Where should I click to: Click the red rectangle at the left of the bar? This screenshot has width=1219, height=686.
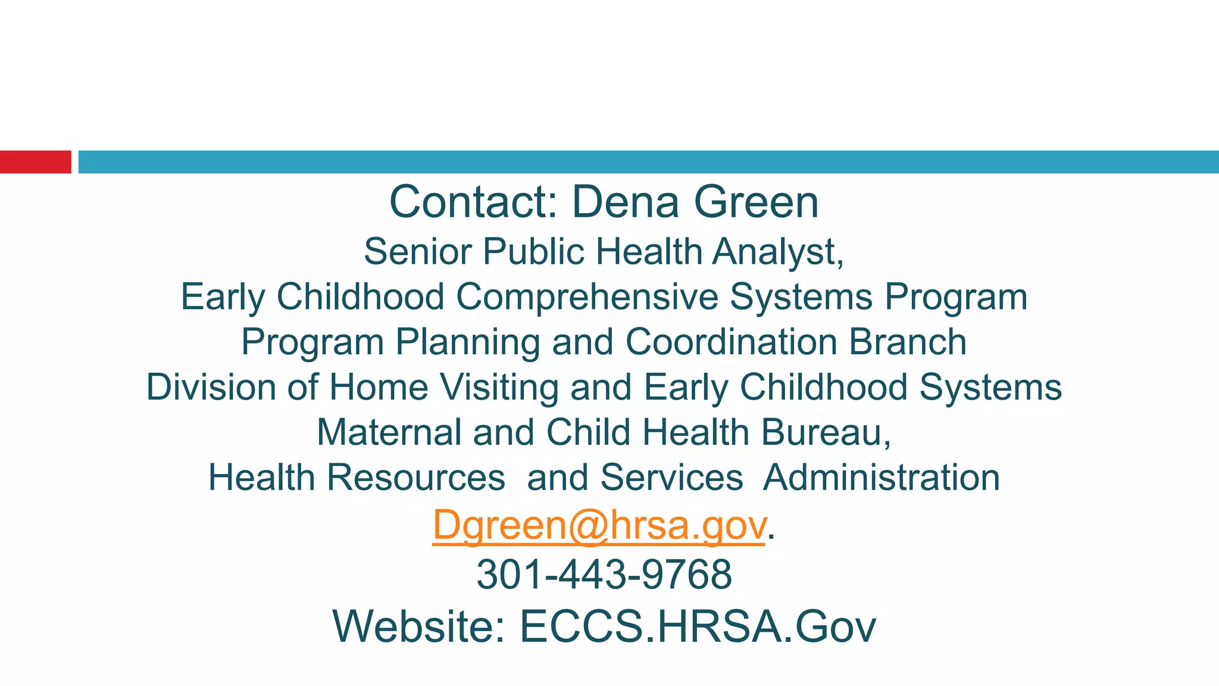tap(35, 162)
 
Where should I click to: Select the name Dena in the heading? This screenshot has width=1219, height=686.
tap(625, 202)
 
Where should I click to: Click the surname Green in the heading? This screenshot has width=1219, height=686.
tap(757, 202)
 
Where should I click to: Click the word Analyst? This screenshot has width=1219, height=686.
tap(777, 252)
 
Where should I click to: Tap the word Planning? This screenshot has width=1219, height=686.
tap(467, 343)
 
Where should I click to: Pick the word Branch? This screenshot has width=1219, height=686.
tap(908, 342)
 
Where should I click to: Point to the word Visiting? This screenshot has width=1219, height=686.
tap(499, 388)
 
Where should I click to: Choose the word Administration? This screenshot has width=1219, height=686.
tap(881, 478)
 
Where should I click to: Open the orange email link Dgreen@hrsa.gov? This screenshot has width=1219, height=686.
tap(598, 525)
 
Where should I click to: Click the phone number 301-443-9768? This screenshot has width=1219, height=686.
tap(604, 575)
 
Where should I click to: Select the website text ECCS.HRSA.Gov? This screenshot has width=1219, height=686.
tap(698, 626)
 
